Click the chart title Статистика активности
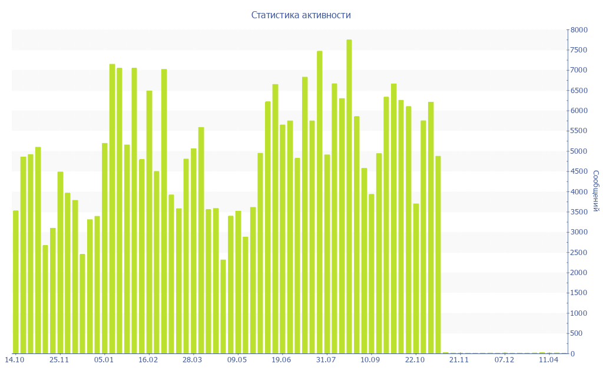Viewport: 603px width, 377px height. point(301,15)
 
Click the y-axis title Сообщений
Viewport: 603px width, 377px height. point(596,191)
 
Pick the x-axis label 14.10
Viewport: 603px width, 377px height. point(15,359)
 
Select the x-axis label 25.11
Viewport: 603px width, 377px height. point(59,359)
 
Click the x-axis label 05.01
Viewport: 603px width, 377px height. point(104,359)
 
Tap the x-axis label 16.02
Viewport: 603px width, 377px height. point(148,359)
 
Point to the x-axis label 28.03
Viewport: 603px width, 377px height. point(193,359)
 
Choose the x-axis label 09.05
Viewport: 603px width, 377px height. point(237,359)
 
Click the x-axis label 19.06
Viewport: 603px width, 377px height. point(281,359)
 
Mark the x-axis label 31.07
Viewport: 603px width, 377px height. point(326,359)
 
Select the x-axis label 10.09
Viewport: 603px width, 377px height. point(370,359)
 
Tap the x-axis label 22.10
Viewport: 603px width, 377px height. point(415,359)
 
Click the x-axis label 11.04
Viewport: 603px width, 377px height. point(548,359)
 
